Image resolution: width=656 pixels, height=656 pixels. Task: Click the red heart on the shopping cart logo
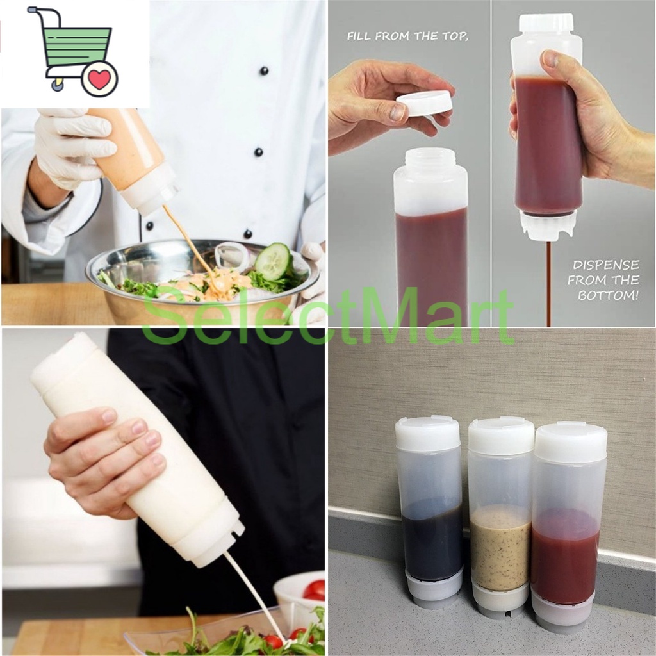99,79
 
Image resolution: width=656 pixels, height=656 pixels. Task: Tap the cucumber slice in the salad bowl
274,261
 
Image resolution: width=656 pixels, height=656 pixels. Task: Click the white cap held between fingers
424,102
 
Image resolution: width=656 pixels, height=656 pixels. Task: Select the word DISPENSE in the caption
605,265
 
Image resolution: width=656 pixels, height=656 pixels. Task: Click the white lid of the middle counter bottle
501,436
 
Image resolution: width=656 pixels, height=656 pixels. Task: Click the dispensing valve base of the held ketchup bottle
548,225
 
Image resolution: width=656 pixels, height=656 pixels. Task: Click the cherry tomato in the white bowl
314,589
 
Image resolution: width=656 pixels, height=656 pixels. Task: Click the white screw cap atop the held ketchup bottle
546,24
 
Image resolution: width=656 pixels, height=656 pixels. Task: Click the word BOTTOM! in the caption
608,295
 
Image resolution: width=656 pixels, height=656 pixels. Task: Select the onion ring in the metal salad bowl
231,256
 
